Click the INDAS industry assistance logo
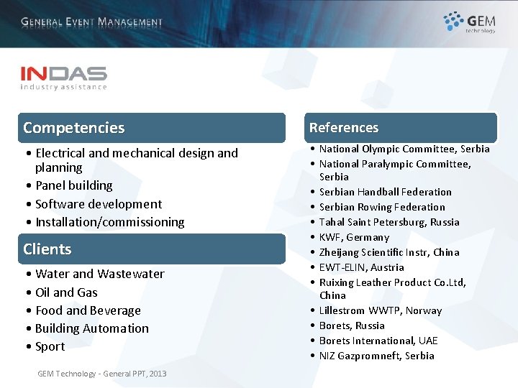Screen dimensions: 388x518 (63, 78)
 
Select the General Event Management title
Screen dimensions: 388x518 (91, 22)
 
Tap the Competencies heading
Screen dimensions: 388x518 (73, 128)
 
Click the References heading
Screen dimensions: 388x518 (344, 128)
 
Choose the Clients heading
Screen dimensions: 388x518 (47, 249)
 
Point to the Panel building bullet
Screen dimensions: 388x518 (73, 185)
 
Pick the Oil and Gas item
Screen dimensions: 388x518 (66, 292)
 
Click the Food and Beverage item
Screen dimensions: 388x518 (88, 310)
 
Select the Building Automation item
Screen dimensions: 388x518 (91, 328)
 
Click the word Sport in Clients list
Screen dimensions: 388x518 (50, 346)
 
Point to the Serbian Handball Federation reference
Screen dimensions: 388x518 (385, 192)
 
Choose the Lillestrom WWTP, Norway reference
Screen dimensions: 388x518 (380, 310)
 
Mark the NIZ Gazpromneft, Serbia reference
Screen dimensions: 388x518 (376, 356)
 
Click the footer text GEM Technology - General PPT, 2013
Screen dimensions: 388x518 (101, 374)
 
